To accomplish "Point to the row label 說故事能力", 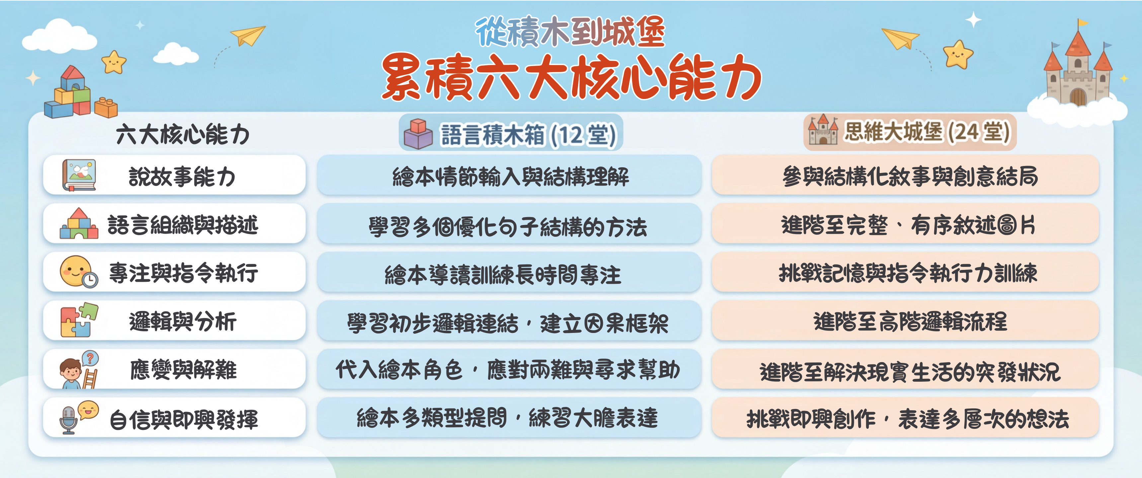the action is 182,177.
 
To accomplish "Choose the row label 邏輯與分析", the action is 183,321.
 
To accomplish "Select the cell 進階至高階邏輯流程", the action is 910,321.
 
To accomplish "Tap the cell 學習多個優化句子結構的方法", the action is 508,227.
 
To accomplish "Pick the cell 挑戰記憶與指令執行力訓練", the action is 908,273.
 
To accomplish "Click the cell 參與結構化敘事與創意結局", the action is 910,177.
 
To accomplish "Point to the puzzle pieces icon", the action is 79,320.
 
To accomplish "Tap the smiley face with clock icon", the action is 78,272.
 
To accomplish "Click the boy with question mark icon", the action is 79,370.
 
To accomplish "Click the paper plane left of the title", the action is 247,35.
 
